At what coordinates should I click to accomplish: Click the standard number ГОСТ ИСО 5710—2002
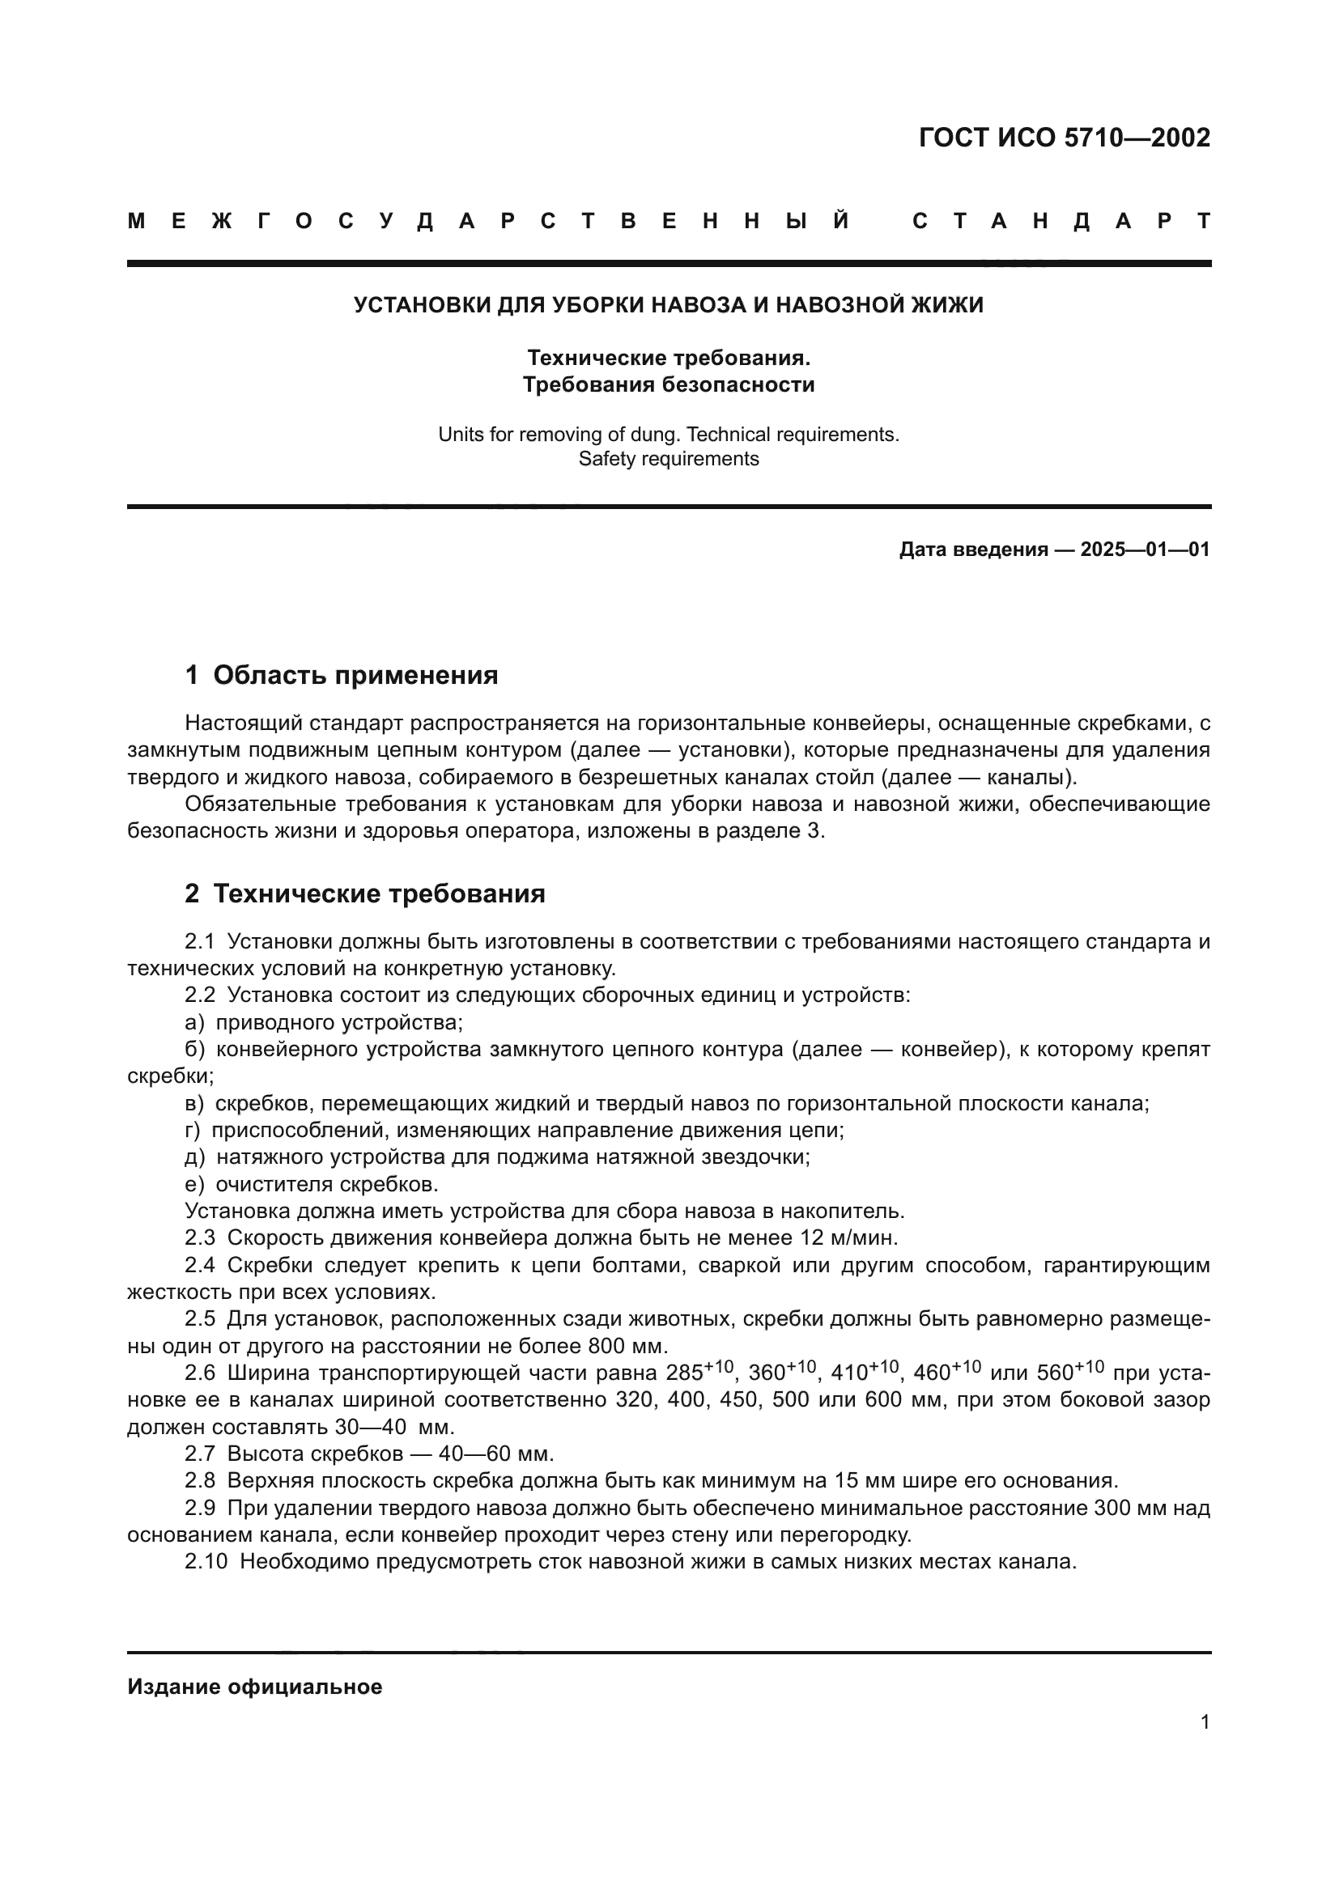(x=1064, y=138)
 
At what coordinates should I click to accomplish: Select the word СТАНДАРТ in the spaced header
(x=1061, y=221)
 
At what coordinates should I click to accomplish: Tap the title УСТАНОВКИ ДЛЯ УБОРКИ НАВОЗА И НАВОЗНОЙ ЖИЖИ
(x=669, y=305)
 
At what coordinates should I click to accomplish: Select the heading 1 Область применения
(x=342, y=675)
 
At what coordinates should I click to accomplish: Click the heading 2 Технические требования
(x=364, y=893)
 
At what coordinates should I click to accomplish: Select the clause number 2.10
(x=206, y=1561)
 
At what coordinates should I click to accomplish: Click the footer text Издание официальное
(x=255, y=1687)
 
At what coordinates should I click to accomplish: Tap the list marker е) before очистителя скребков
(x=194, y=1184)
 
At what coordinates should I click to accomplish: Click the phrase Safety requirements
(x=669, y=459)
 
